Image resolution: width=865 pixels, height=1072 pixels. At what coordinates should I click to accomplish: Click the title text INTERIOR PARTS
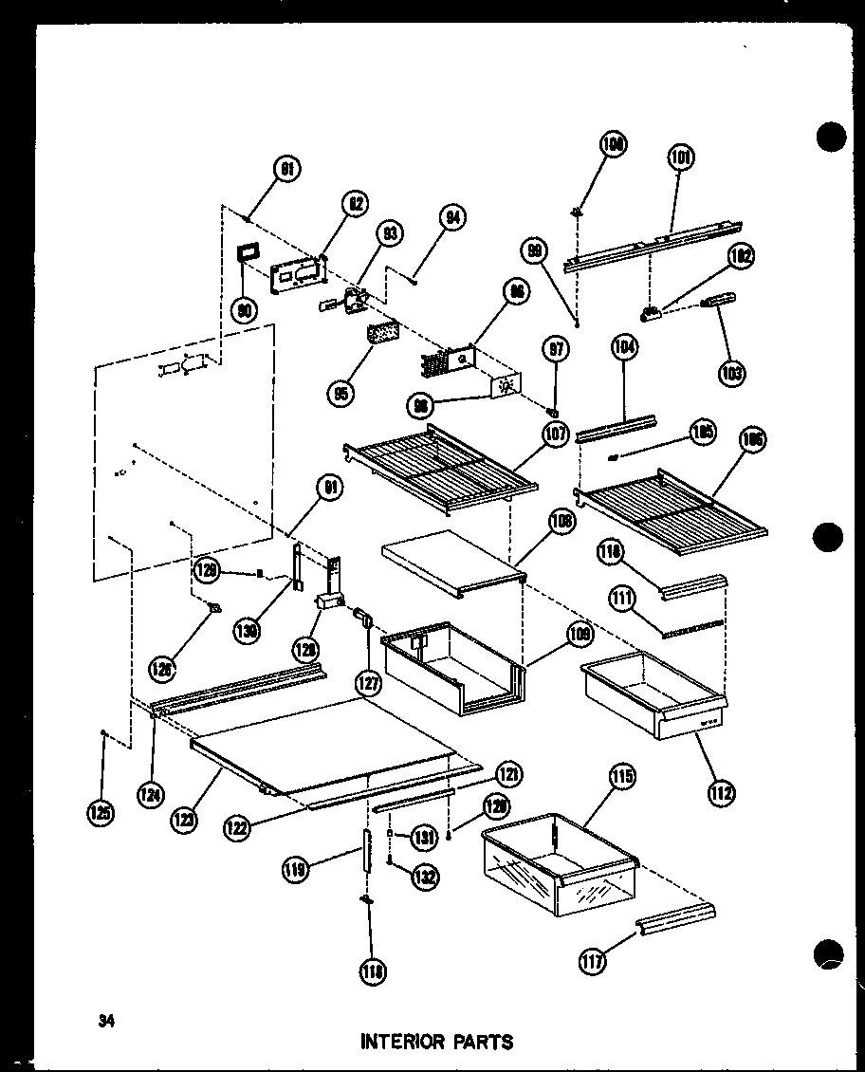[436, 1042]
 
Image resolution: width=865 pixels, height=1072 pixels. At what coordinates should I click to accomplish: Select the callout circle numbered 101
[680, 157]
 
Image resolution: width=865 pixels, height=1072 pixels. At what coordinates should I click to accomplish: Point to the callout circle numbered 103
[731, 372]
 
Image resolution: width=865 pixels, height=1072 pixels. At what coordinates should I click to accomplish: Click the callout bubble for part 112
[721, 792]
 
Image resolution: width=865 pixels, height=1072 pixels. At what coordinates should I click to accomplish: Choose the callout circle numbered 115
[622, 777]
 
